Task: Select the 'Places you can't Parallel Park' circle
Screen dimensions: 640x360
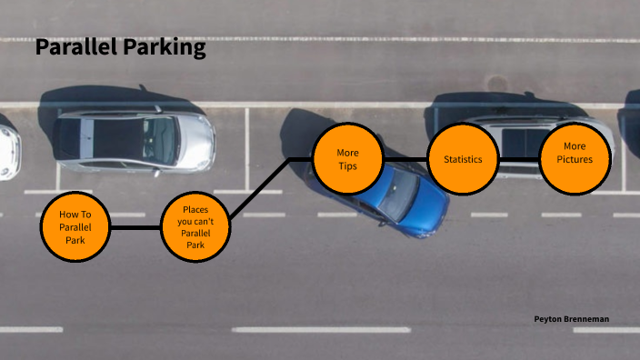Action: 195,226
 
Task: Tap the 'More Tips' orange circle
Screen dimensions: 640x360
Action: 346,159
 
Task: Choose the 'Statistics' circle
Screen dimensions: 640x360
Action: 462,159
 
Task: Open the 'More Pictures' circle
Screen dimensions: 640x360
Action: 574,159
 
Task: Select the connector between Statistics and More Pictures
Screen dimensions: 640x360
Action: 518,159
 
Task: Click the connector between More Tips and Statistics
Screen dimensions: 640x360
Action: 405,159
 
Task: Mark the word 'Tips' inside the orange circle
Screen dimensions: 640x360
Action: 347,167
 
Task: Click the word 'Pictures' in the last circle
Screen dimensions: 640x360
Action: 575,160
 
